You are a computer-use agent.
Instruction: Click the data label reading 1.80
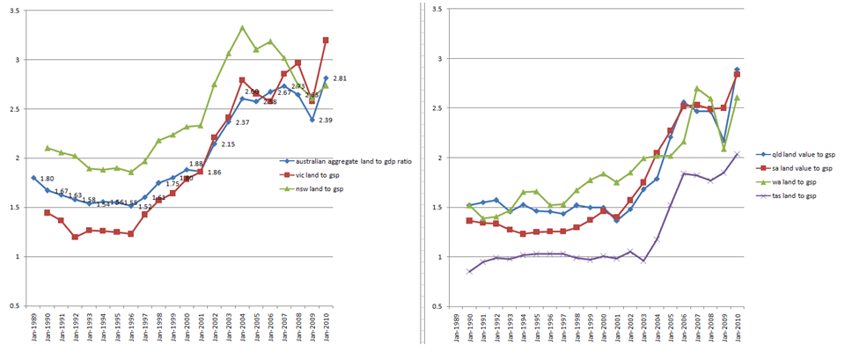tap(48, 179)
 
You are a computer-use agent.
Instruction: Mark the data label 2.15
tap(227, 144)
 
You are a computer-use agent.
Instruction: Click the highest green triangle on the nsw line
tap(242, 28)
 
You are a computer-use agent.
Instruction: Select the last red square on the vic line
tap(326, 40)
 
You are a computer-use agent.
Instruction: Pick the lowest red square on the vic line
tap(76, 237)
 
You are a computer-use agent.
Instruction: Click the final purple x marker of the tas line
tap(737, 154)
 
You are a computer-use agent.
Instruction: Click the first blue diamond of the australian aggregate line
tap(33, 178)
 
